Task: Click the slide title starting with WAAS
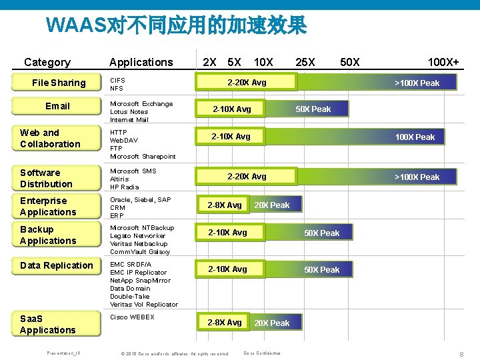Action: coord(177,26)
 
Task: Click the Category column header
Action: coord(47,62)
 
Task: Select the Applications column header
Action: coord(141,62)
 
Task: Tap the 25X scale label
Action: coord(305,62)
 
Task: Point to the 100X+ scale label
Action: coord(443,62)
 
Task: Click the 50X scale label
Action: coord(349,62)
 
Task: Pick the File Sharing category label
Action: coord(59,83)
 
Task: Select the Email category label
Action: coord(57,106)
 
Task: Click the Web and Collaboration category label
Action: coord(50,138)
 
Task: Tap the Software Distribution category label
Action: coord(46,178)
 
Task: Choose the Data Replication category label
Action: coord(57,265)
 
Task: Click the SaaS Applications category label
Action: coord(47,324)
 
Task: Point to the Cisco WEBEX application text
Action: coord(132,317)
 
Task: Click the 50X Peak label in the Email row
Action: coord(313,109)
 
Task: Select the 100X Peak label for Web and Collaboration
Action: coord(415,137)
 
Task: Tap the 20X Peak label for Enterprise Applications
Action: coord(271,205)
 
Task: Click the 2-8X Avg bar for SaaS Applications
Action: coord(225,323)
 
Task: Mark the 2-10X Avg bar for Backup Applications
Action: coord(227,233)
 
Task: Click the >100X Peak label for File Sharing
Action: coord(417,83)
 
